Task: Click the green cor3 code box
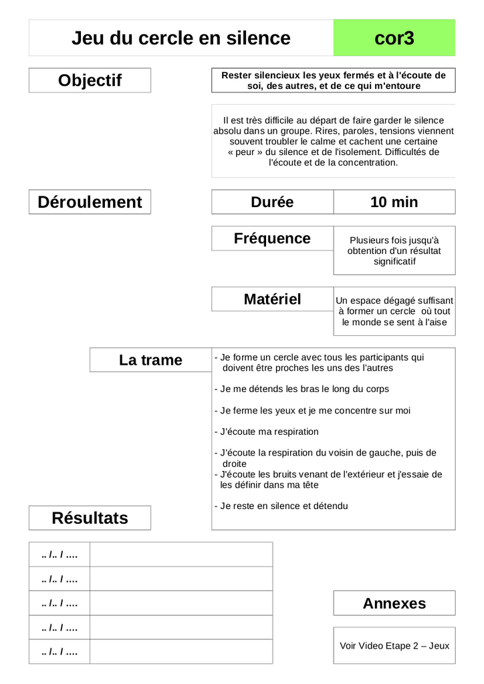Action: [x=394, y=38]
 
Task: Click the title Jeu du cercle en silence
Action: [x=180, y=38]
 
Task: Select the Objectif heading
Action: [x=90, y=80]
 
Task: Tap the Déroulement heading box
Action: [x=90, y=202]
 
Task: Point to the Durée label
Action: [x=272, y=202]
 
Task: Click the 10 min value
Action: [x=394, y=202]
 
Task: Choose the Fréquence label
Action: [x=272, y=238]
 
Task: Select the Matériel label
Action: [x=272, y=299]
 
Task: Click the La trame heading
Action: [x=150, y=360]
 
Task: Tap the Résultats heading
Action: [x=90, y=518]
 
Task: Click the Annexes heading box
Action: [x=394, y=603]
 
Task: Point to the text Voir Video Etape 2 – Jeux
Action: [x=394, y=646]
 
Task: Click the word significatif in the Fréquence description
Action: [x=394, y=261]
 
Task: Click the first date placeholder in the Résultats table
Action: [x=59, y=554]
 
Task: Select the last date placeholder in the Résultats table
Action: [x=59, y=652]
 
